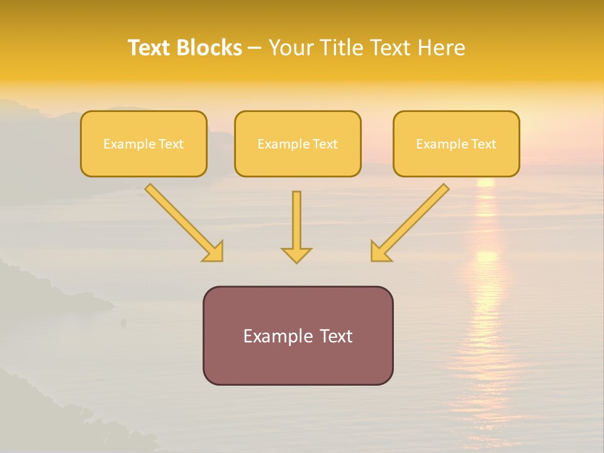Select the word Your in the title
coord(291,48)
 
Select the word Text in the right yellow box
coord(484,144)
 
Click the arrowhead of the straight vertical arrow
coord(296,255)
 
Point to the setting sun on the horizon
coord(486,182)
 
